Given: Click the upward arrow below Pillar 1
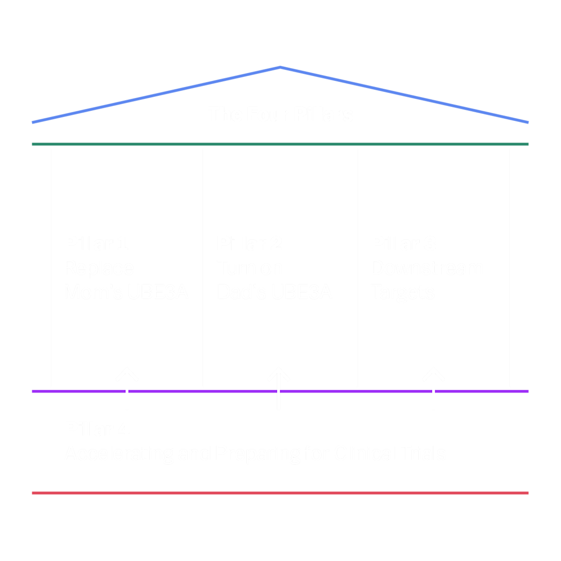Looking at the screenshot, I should [127, 388].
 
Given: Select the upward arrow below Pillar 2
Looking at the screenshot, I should [279, 388].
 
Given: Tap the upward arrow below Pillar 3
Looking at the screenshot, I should [433, 388].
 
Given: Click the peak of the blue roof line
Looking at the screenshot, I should [280, 68].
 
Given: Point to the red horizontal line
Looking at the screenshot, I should [280, 493].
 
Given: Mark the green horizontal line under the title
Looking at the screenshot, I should [280, 144].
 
